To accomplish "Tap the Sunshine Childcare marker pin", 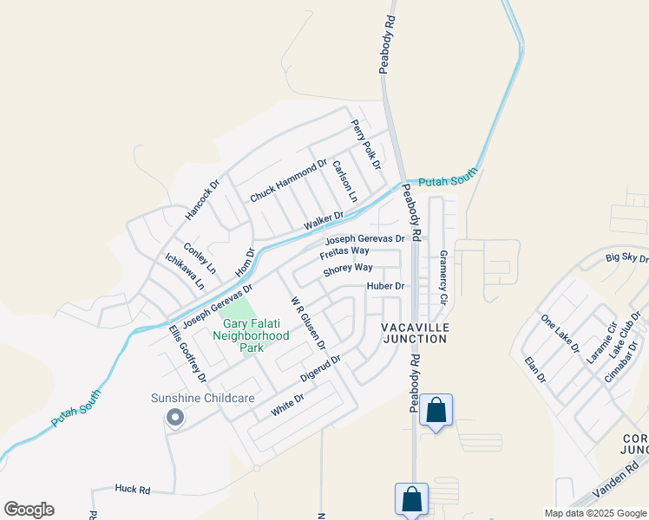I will (174, 419).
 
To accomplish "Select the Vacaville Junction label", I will (414, 332).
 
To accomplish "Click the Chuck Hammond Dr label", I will (288, 181).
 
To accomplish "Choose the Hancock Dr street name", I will (204, 199).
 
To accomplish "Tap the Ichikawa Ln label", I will (185, 270).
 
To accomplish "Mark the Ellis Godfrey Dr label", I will (187, 353).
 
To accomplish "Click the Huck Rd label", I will (132, 489).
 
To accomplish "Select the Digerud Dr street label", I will (320, 367).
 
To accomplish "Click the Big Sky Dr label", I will (626, 257).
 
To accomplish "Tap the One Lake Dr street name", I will (560, 334).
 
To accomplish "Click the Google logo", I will (29, 510).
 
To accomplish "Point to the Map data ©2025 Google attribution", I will (595, 513).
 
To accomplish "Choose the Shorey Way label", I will (348, 269).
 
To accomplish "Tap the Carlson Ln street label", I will (344, 181).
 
